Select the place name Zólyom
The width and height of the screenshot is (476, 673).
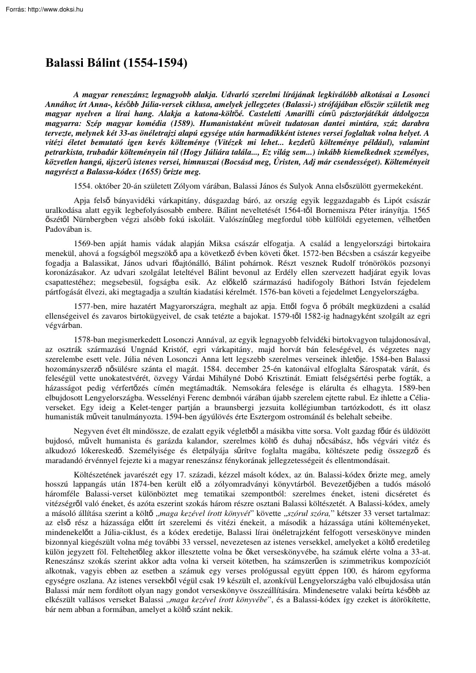coord(195,186)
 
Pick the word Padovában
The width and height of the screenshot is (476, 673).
coord(64,229)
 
